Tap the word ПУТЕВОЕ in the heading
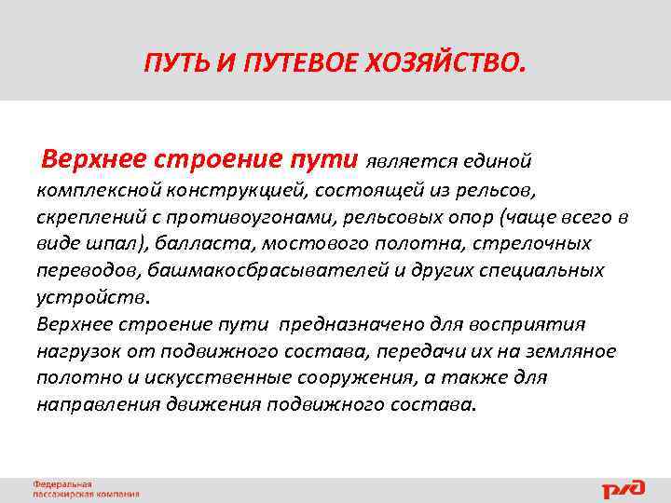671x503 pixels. tap(293, 64)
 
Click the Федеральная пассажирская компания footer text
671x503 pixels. tap(86, 489)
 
